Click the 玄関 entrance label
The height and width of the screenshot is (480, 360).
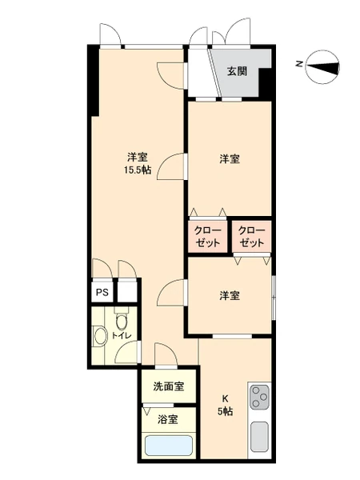(237, 71)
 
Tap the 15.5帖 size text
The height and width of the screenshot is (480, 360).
(138, 170)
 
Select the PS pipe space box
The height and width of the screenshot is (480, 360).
(102, 292)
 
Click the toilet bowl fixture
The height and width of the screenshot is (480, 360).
(122, 321)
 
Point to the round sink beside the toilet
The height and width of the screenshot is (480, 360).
(100, 336)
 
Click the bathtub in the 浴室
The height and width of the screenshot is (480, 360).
(169, 446)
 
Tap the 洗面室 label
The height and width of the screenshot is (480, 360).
(169, 386)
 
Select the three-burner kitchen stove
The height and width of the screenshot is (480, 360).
(260, 397)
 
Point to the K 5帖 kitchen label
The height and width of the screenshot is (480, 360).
(226, 405)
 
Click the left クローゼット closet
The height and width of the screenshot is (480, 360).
(207, 236)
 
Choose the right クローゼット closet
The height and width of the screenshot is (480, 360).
(252, 236)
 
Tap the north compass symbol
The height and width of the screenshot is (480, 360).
(323, 67)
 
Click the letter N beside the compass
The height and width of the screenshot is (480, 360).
(299, 64)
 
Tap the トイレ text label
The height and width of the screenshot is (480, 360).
(122, 335)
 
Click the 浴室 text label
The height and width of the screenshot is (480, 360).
(168, 419)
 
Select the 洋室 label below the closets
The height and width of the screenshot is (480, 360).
(230, 296)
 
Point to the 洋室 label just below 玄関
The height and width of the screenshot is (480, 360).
(230, 159)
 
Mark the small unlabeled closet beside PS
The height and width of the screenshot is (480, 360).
(127, 292)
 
